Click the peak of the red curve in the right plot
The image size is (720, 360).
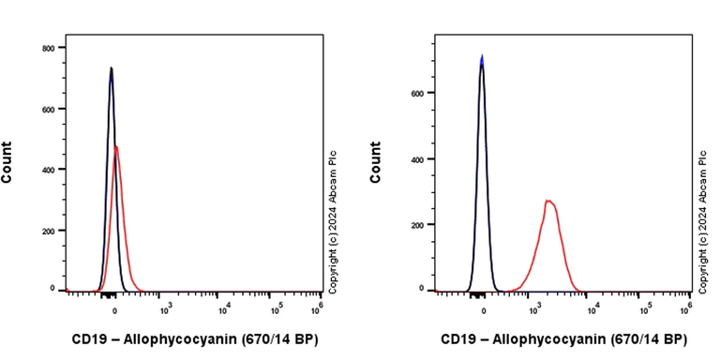pyautogui.click(x=549, y=201)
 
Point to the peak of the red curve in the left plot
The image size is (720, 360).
pyautogui.click(x=116, y=146)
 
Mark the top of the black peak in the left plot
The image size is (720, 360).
pyautogui.click(x=111, y=68)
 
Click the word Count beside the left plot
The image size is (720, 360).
pyautogui.click(x=7, y=161)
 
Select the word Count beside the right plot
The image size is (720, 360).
pyautogui.click(x=376, y=161)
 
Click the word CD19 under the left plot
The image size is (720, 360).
pyautogui.click(x=90, y=339)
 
